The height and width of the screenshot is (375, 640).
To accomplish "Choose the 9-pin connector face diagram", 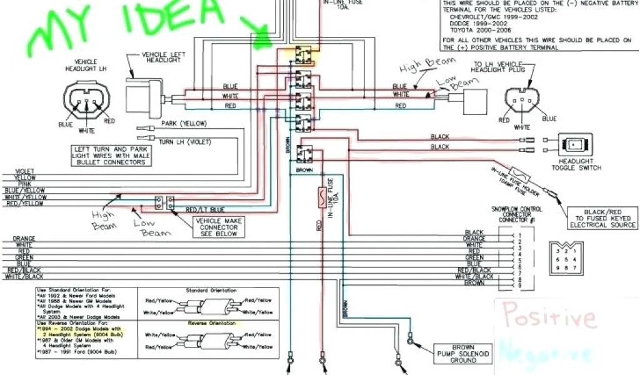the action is tap(563, 257).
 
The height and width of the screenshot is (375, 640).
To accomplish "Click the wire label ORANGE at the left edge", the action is tap(24, 238).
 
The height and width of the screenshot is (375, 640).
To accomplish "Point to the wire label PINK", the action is tap(25, 184).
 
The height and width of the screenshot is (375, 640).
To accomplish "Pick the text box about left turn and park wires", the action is tap(109, 154).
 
